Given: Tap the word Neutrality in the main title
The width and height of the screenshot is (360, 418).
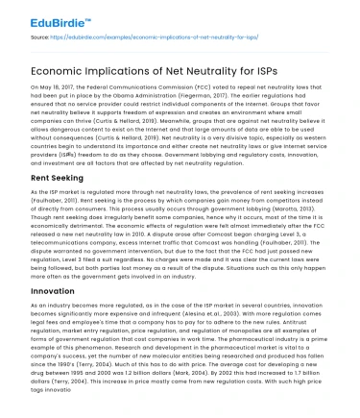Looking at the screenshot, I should point(191,62).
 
